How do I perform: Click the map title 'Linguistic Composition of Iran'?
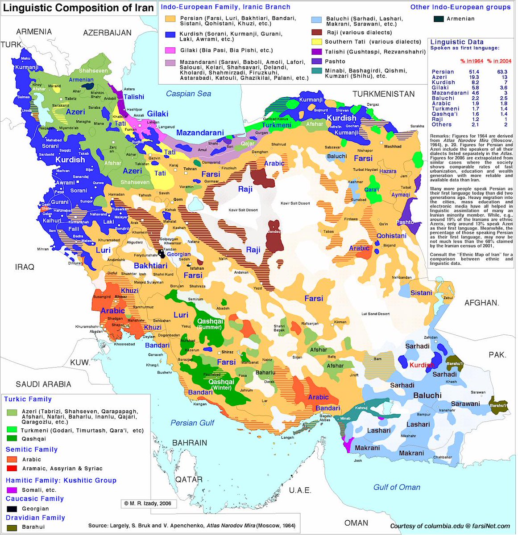coord(79,8)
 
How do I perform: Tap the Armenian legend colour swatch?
coord(439,19)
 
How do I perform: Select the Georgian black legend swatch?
coord(12,509)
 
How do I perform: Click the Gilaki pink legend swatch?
coord(170,50)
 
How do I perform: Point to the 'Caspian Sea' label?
coord(188,94)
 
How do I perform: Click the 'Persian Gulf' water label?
coord(192,423)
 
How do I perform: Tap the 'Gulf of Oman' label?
coord(397,487)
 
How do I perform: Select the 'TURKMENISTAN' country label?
coord(383,94)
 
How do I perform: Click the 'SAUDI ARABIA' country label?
coord(43,384)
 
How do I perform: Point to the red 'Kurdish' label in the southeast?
coord(422,365)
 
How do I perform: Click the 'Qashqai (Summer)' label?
coord(210,324)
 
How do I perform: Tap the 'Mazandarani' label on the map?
coord(200,132)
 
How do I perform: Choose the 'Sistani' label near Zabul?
coord(421,293)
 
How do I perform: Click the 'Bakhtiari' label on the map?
coord(150,266)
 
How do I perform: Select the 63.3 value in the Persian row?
coord(502,72)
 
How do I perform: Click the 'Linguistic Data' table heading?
coord(454,42)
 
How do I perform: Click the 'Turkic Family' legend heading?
coord(29,399)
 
